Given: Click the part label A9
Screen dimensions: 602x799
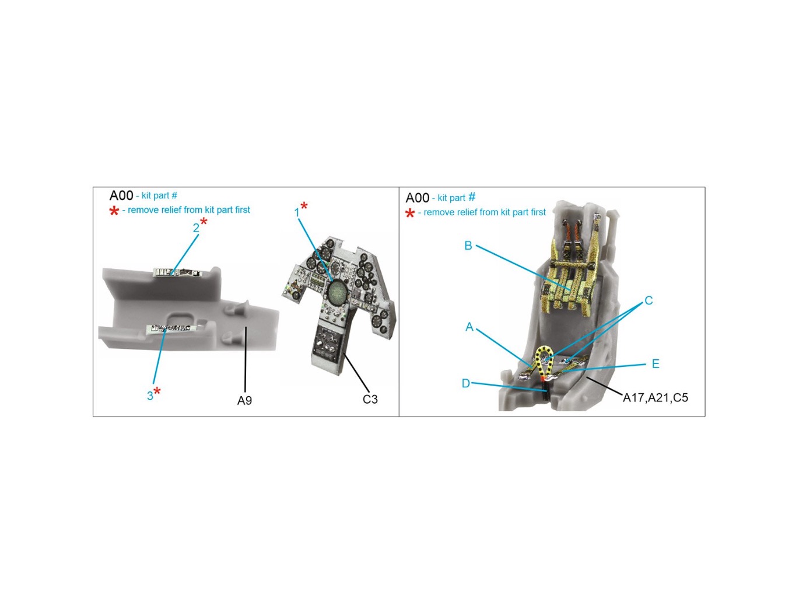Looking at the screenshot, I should point(244,400).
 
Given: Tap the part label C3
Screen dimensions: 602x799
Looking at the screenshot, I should point(370,399).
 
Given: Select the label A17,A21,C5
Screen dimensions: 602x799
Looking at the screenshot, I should point(655,398).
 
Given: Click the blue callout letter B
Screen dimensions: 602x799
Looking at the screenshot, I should point(468,246).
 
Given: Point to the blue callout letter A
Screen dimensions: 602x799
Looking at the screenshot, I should point(469,327).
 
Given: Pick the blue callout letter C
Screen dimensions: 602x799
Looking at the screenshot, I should point(648,301).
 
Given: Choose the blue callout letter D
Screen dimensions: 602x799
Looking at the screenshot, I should point(465,383).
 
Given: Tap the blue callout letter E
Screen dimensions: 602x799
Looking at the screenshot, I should point(656,364).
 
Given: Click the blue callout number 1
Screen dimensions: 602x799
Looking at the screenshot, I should point(297,213).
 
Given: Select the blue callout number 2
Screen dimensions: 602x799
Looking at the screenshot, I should point(196,228).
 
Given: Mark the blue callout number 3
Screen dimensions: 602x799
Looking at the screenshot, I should point(150,396).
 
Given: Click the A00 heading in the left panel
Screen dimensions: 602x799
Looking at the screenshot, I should point(121,196).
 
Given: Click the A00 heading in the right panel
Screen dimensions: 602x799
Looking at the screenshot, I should point(417,198).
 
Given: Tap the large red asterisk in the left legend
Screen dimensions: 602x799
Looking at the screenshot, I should point(114,211).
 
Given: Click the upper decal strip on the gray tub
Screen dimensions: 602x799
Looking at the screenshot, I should point(178,272).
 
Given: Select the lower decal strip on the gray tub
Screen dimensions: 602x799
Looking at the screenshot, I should point(170,328).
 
